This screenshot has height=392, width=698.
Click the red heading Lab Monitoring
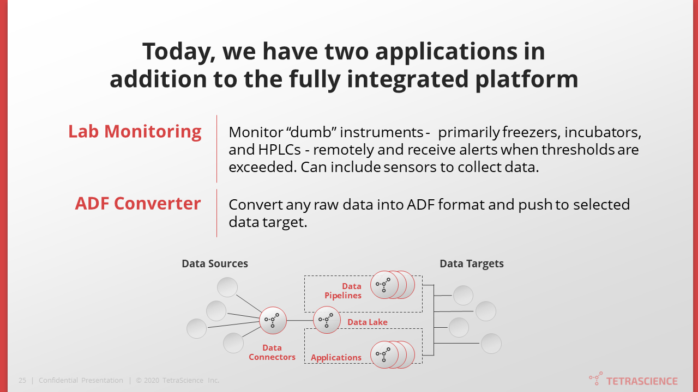click(x=135, y=131)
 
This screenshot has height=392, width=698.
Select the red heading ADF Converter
click(x=138, y=203)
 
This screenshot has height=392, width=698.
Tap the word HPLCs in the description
click(x=278, y=149)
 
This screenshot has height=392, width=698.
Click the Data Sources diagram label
click(x=215, y=264)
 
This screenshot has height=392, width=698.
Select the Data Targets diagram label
click(x=472, y=264)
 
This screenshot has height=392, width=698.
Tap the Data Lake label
click(x=368, y=322)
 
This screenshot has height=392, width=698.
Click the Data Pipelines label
click(x=343, y=291)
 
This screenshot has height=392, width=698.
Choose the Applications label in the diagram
click(x=336, y=358)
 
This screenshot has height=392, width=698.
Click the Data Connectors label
click(x=272, y=352)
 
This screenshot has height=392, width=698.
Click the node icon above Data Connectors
click(x=272, y=320)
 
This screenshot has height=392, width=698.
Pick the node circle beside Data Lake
click(x=327, y=320)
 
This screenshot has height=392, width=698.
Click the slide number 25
click(x=22, y=381)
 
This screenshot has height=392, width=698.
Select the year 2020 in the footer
click(x=152, y=381)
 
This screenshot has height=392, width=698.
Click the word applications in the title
click(x=459, y=52)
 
